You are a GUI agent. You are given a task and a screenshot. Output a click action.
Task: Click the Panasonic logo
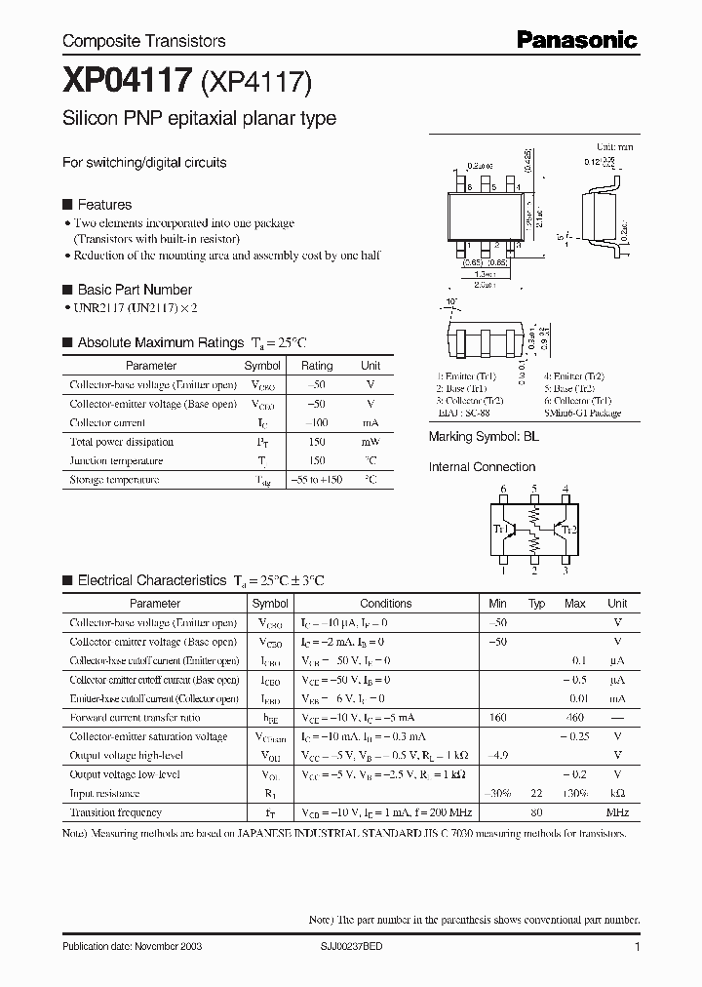tap(577, 40)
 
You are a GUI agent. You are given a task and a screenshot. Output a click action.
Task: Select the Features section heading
tap(104, 205)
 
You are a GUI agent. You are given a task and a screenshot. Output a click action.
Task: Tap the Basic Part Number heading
tap(135, 290)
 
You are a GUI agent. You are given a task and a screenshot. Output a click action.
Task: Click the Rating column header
tap(317, 366)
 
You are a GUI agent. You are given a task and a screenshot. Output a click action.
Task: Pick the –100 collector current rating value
tap(317, 423)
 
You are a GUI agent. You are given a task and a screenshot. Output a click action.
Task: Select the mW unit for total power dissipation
tap(370, 442)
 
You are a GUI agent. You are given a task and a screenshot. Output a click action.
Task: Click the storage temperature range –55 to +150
tap(317, 480)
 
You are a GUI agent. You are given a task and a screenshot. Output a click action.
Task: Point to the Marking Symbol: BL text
tap(484, 437)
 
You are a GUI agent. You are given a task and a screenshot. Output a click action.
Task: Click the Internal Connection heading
tap(482, 467)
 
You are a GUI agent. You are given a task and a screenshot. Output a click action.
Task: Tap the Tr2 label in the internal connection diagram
tap(568, 529)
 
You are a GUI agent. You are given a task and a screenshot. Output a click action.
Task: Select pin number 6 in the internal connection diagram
tap(503, 489)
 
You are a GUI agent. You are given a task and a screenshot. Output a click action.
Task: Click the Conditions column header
tap(386, 604)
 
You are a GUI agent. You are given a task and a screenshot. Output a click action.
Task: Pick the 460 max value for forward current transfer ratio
tap(574, 718)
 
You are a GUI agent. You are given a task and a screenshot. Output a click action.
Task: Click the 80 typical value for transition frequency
tap(536, 812)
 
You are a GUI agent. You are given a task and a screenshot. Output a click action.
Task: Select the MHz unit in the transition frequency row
tap(617, 812)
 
